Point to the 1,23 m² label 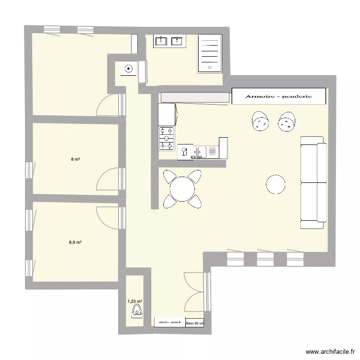click(135, 301)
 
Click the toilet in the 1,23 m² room click(137, 312)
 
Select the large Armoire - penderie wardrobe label click(278, 96)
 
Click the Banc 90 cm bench click(194, 323)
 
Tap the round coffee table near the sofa click(276, 184)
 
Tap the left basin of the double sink click(160, 42)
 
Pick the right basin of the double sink click(178, 42)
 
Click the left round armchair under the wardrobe click(261, 122)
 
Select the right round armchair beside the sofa click(287, 122)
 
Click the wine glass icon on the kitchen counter click(184, 153)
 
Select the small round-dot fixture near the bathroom click(128, 69)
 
